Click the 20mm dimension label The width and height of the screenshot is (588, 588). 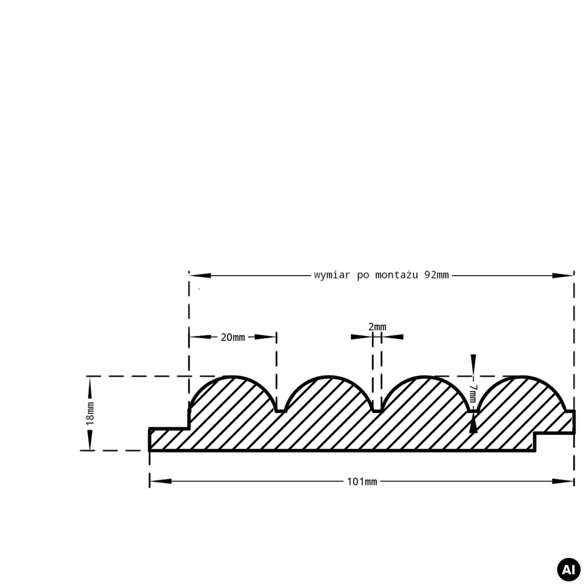click(233, 337)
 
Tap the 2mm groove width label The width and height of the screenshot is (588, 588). click(377, 327)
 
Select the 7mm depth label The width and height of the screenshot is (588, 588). click(473, 393)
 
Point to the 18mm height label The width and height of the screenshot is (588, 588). click(90, 413)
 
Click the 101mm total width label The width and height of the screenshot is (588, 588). click(362, 482)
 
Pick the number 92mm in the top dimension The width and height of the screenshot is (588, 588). click(436, 275)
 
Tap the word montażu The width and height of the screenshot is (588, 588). click(396, 275)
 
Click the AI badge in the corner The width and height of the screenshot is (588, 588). click(568, 569)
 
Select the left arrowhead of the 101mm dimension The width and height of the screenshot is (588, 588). click(161, 481)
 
